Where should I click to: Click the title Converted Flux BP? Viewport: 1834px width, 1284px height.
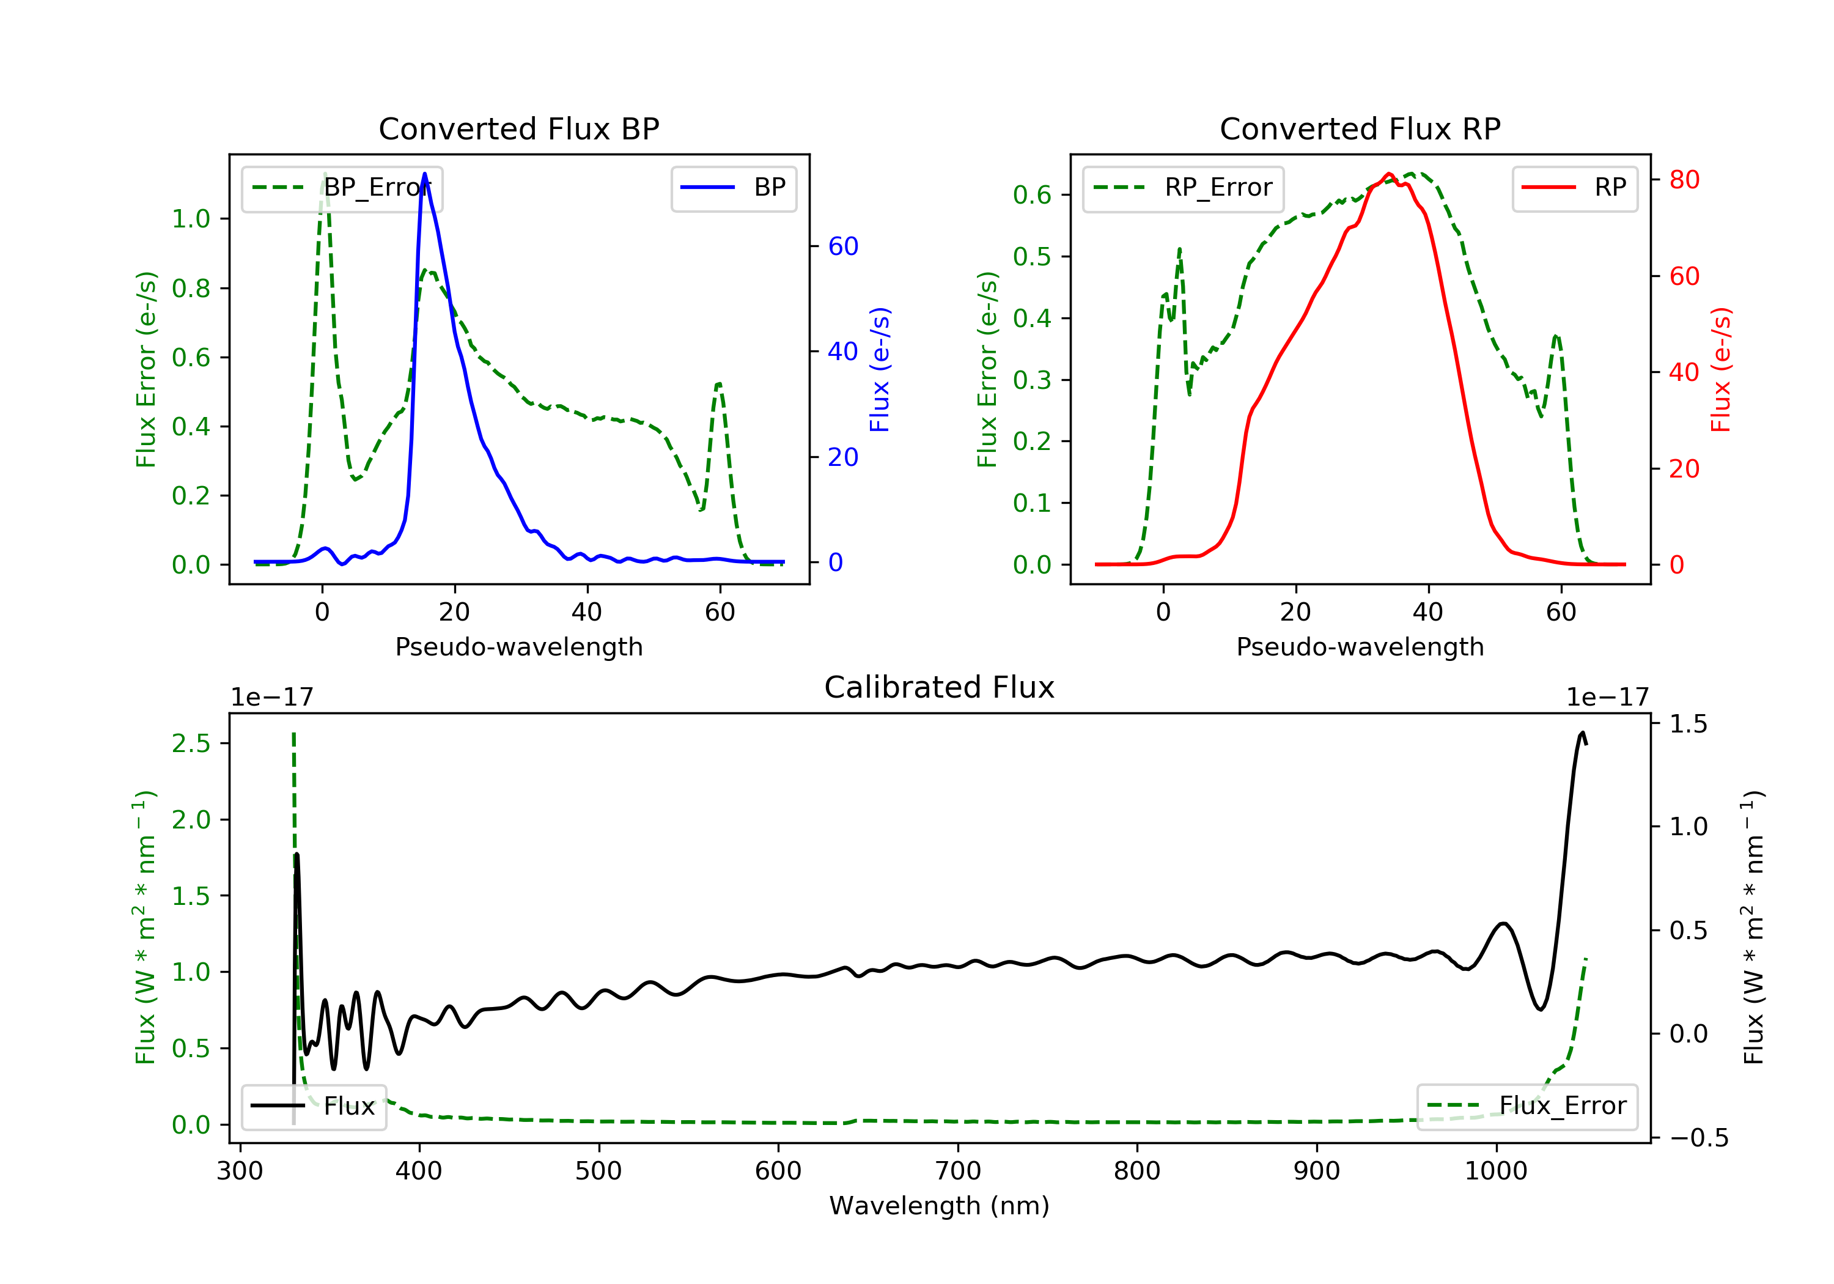[518, 128]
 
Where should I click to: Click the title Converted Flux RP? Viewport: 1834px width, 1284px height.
[1360, 128]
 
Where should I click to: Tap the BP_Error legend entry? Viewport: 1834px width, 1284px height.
[342, 188]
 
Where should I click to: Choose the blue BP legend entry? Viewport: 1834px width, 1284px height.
[733, 188]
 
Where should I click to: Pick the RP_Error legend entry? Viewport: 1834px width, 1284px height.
[1182, 188]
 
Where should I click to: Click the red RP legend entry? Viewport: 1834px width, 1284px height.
[1574, 188]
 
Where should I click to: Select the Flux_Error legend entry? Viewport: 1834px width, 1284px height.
[1526, 1106]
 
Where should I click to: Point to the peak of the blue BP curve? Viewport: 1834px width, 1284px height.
[424, 174]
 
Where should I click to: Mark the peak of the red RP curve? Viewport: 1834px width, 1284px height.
[1388, 174]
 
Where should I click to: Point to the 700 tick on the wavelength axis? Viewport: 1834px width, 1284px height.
[958, 1170]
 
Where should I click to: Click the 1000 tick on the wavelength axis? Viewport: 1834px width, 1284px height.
[1495, 1170]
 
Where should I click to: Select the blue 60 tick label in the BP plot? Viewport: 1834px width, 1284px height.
[842, 246]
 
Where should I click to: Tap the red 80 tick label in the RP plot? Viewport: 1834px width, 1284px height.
[1684, 180]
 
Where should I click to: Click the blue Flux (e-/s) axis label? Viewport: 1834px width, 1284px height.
[880, 369]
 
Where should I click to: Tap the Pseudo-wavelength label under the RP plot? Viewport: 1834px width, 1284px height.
[1360, 646]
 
